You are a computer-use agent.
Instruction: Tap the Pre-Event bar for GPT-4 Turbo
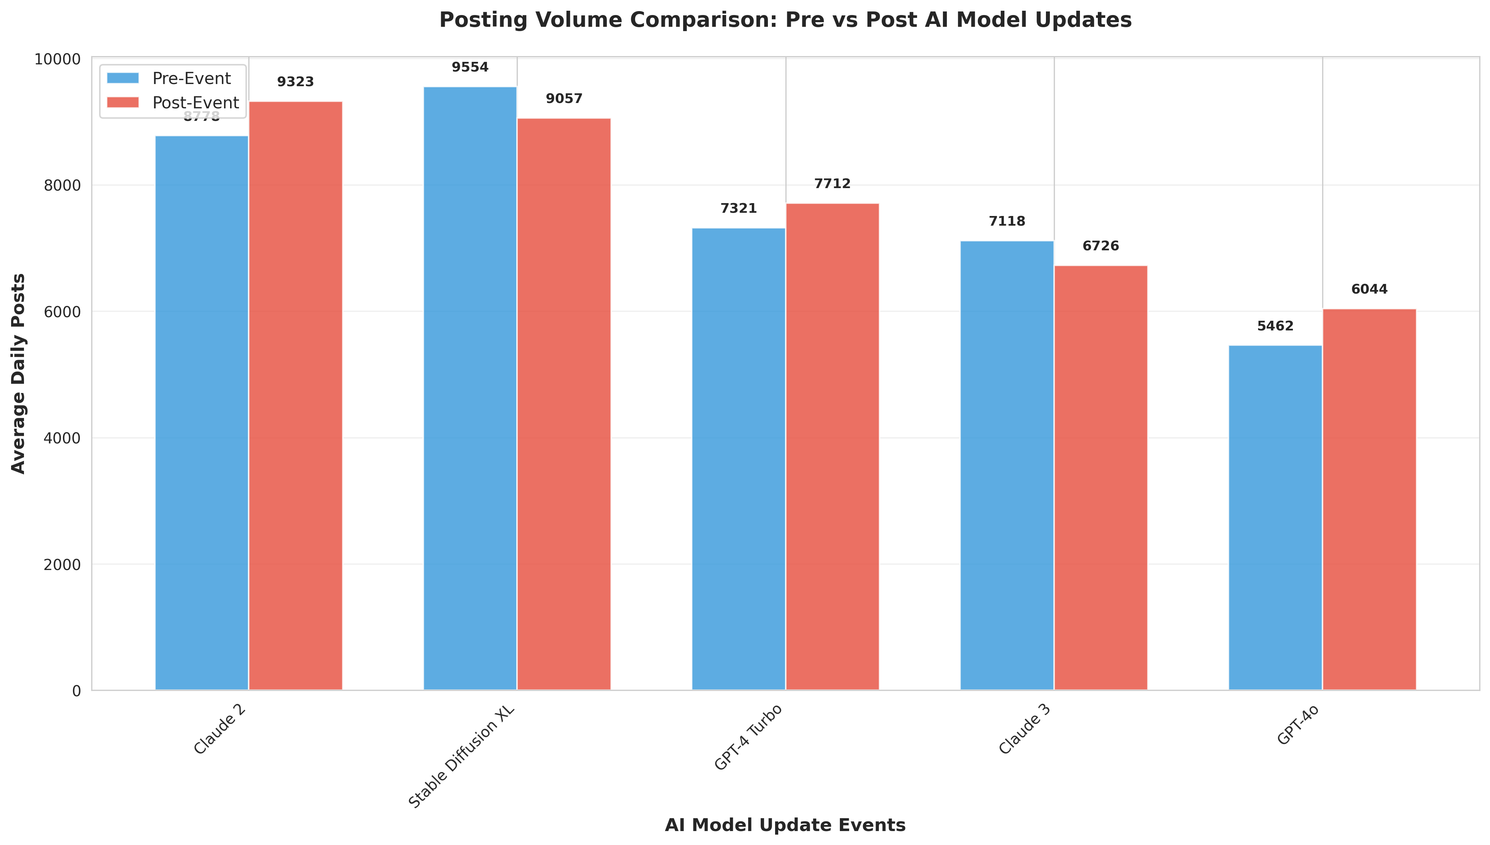(739, 458)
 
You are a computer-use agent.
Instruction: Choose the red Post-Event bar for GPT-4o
(1369, 499)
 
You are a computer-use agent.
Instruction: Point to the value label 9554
(470, 67)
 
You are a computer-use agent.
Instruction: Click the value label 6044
(1369, 289)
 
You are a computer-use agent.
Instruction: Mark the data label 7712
(832, 184)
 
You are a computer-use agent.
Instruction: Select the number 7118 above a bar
(1007, 221)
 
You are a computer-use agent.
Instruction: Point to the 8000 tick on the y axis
(62, 186)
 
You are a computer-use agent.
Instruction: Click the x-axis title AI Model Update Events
(785, 825)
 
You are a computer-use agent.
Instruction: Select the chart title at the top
(785, 20)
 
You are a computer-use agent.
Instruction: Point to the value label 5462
(1275, 326)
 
